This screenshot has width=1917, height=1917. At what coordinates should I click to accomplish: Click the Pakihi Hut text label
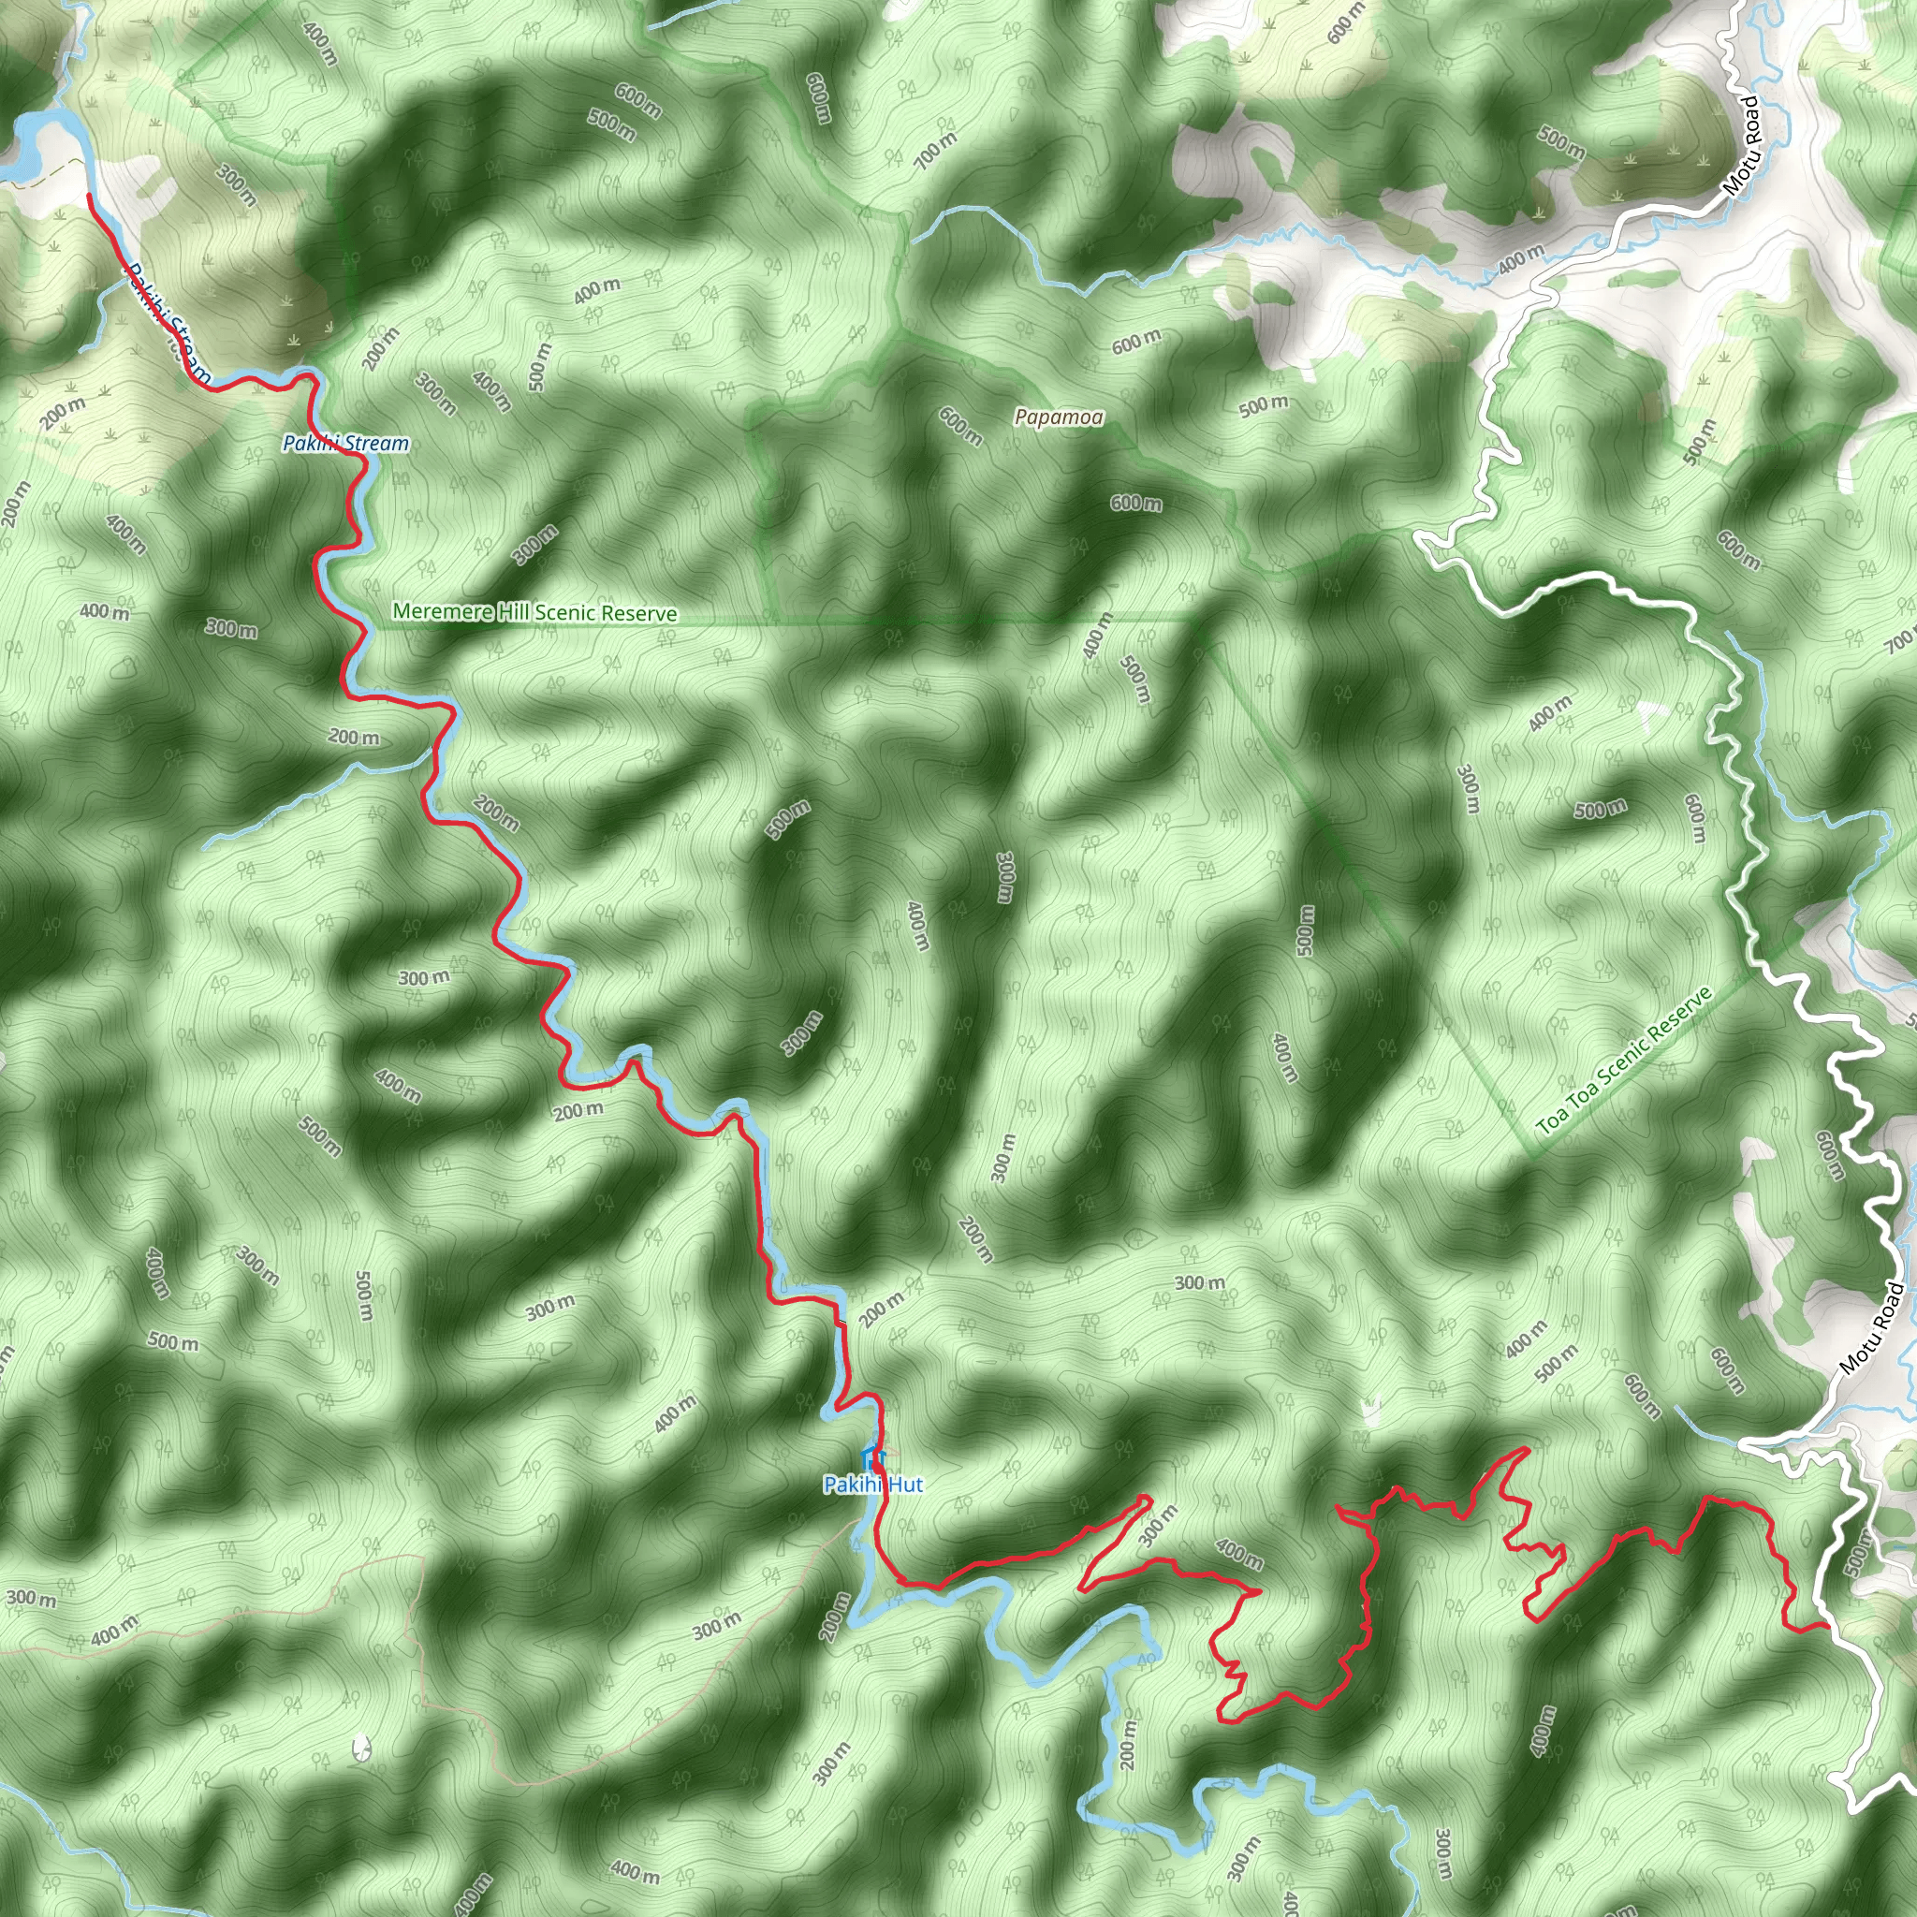[872, 1485]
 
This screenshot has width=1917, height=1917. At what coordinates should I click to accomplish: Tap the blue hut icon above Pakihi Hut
[872, 1457]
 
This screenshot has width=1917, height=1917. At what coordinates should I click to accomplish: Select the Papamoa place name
[1059, 417]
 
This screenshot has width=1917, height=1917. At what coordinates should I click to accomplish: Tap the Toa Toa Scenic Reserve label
[1624, 1061]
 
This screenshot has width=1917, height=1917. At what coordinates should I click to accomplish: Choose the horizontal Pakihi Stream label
[345, 444]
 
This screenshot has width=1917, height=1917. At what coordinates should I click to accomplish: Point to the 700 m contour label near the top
[935, 151]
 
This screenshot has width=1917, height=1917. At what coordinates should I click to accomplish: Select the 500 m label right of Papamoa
[1263, 404]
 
